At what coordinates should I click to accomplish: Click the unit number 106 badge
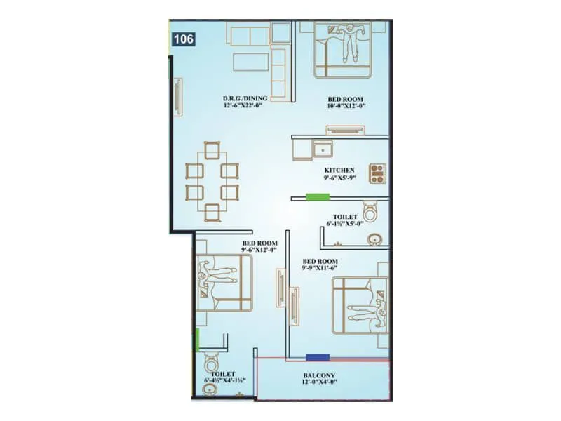(184, 39)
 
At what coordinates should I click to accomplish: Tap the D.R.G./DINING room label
(245, 98)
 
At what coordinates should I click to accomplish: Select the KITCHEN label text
(339, 171)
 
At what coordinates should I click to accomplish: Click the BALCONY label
(320, 376)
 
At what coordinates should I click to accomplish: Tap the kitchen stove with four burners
(377, 173)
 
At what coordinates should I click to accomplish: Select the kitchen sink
(323, 149)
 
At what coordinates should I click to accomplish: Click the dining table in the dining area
(211, 181)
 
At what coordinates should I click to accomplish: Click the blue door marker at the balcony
(318, 357)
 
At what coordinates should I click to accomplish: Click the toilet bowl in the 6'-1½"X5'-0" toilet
(370, 210)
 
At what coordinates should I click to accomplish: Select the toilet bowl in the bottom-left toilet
(210, 365)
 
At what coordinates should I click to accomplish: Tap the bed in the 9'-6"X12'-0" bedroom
(224, 282)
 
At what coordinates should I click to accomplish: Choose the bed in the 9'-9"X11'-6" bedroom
(360, 305)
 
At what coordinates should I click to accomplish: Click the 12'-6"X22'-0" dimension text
(245, 106)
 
